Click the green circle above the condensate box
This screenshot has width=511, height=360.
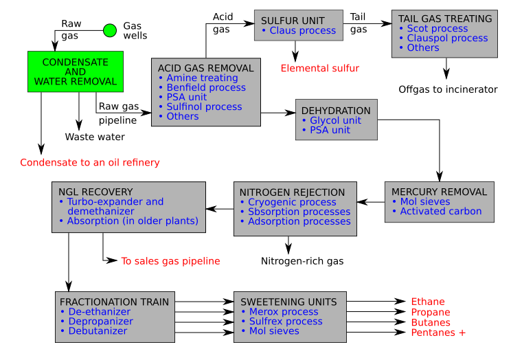(110, 30)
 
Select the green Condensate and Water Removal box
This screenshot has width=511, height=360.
(76, 71)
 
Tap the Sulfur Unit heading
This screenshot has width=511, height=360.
(293, 21)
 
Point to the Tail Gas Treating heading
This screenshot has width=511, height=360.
(445, 19)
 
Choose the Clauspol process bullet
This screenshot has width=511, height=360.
(447, 38)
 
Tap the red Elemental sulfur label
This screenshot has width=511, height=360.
(319, 69)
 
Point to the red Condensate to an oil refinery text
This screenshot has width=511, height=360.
(90, 163)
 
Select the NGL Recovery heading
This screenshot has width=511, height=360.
(95, 192)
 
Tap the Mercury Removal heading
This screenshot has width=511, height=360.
(439, 192)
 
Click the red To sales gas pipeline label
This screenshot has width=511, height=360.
(170, 261)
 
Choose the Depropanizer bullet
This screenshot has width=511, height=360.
(100, 322)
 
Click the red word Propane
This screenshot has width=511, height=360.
(431, 313)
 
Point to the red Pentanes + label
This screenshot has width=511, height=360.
(438, 333)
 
